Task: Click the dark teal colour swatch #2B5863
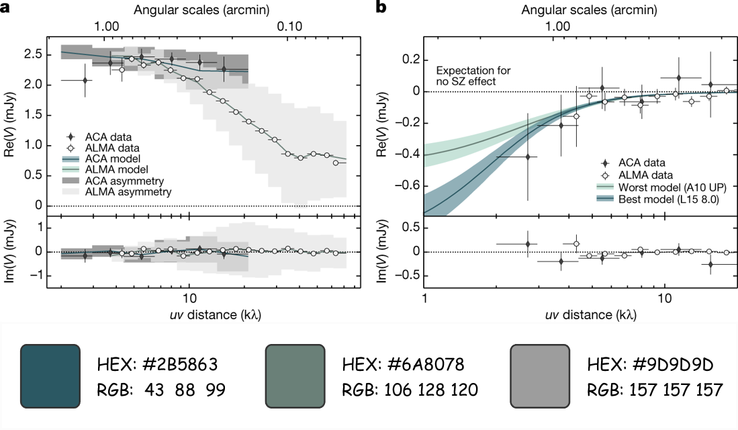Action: [x=50, y=376]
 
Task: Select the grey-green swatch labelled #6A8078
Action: [x=295, y=376]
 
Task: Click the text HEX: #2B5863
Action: [x=157, y=365]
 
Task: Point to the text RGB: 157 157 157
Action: [x=652, y=389]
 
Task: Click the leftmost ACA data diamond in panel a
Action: [x=85, y=80]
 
